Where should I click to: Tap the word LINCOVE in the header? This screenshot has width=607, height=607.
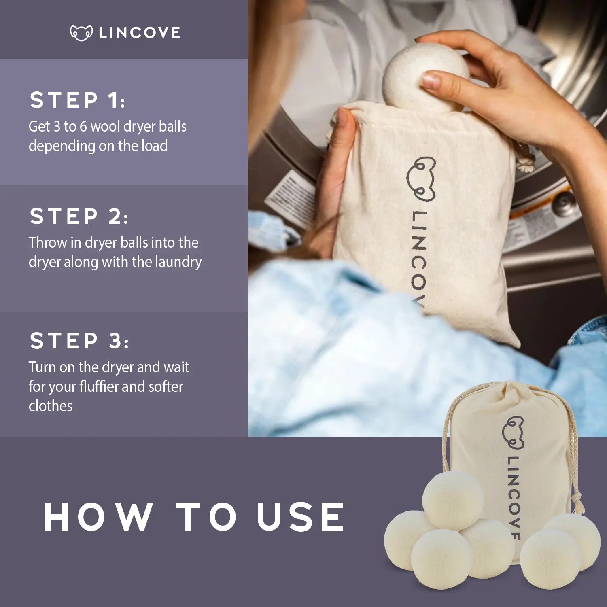click(x=140, y=33)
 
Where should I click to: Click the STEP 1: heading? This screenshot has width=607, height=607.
click(x=77, y=100)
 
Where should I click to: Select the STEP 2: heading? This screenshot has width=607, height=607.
click(x=79, y=216)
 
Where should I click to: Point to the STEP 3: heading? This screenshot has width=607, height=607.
click(x=79, y=340)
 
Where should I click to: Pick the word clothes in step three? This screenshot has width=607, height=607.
click(x=50, y=406)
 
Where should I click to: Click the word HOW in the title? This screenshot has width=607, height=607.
click(x=98, y=517)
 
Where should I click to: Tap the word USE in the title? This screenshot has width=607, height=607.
click(x=300, y=517)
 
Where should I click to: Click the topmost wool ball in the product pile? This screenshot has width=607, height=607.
click(x=453, y=501)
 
